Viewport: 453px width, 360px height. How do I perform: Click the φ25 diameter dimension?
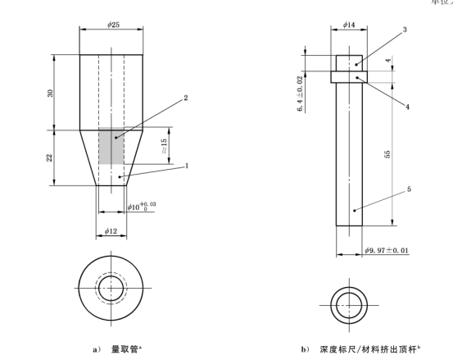click(111, 25)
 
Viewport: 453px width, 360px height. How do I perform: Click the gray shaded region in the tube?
click(111, 146)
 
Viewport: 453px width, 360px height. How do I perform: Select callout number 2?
click(186, 98)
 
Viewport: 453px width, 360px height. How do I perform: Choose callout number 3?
click(405, 30)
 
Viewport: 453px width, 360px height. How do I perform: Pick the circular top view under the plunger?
click(349, 299)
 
